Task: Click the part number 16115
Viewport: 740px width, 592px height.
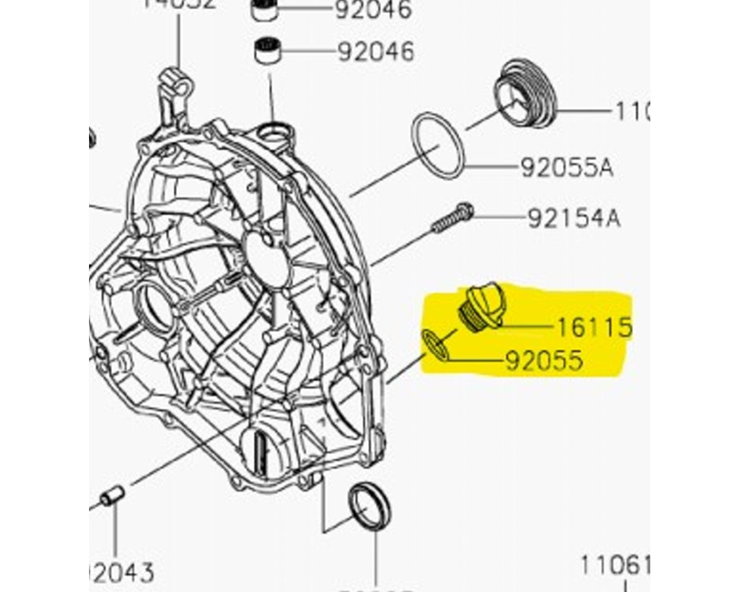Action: (594, 327)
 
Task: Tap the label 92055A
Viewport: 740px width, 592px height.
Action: (567, 168)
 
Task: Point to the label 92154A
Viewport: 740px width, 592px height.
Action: (573, 219)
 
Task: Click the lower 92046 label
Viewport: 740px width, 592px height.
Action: (376, 51)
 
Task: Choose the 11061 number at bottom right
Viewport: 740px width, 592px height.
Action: (615, 565)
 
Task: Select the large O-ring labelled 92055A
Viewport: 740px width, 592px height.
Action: (437, 146)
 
